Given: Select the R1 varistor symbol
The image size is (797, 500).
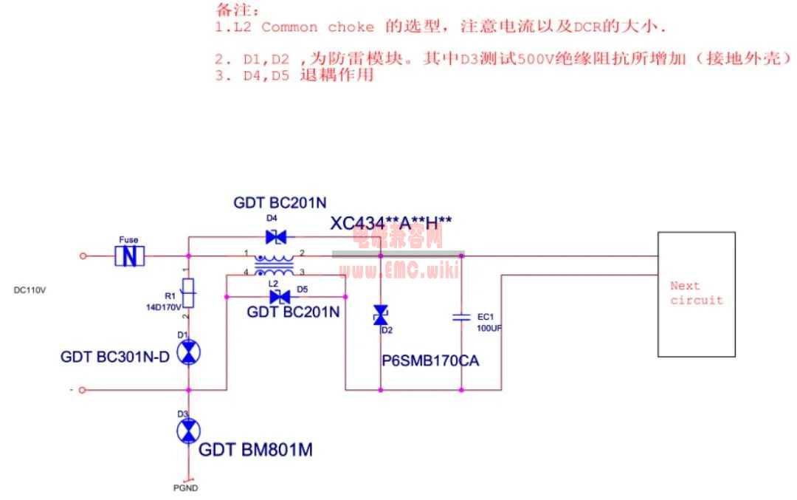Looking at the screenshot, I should pos(189,293).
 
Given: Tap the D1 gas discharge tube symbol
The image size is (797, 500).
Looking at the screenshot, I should pos(189,354).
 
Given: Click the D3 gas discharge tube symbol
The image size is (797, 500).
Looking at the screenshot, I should pos(189,430).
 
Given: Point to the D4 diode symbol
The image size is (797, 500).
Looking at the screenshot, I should pos(275,237).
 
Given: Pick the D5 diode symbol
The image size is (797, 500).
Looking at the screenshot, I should pos(280,297).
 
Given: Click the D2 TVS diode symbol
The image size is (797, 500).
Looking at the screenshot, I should pos(380,316).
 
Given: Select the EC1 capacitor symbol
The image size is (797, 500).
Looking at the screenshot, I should pos(461,317).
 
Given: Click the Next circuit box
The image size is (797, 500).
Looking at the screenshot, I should pos(696,294).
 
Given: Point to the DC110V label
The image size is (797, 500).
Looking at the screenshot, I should pos(30,290).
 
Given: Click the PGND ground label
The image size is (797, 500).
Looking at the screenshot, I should pos(185,488).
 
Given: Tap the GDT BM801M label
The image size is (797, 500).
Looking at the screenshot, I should pos(255,449).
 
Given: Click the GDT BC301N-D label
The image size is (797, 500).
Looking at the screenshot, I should pos(116,357).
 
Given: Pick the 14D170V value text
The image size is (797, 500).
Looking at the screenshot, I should pos(164,307).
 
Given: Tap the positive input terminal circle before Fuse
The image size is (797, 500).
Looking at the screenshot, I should pos(83,256).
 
